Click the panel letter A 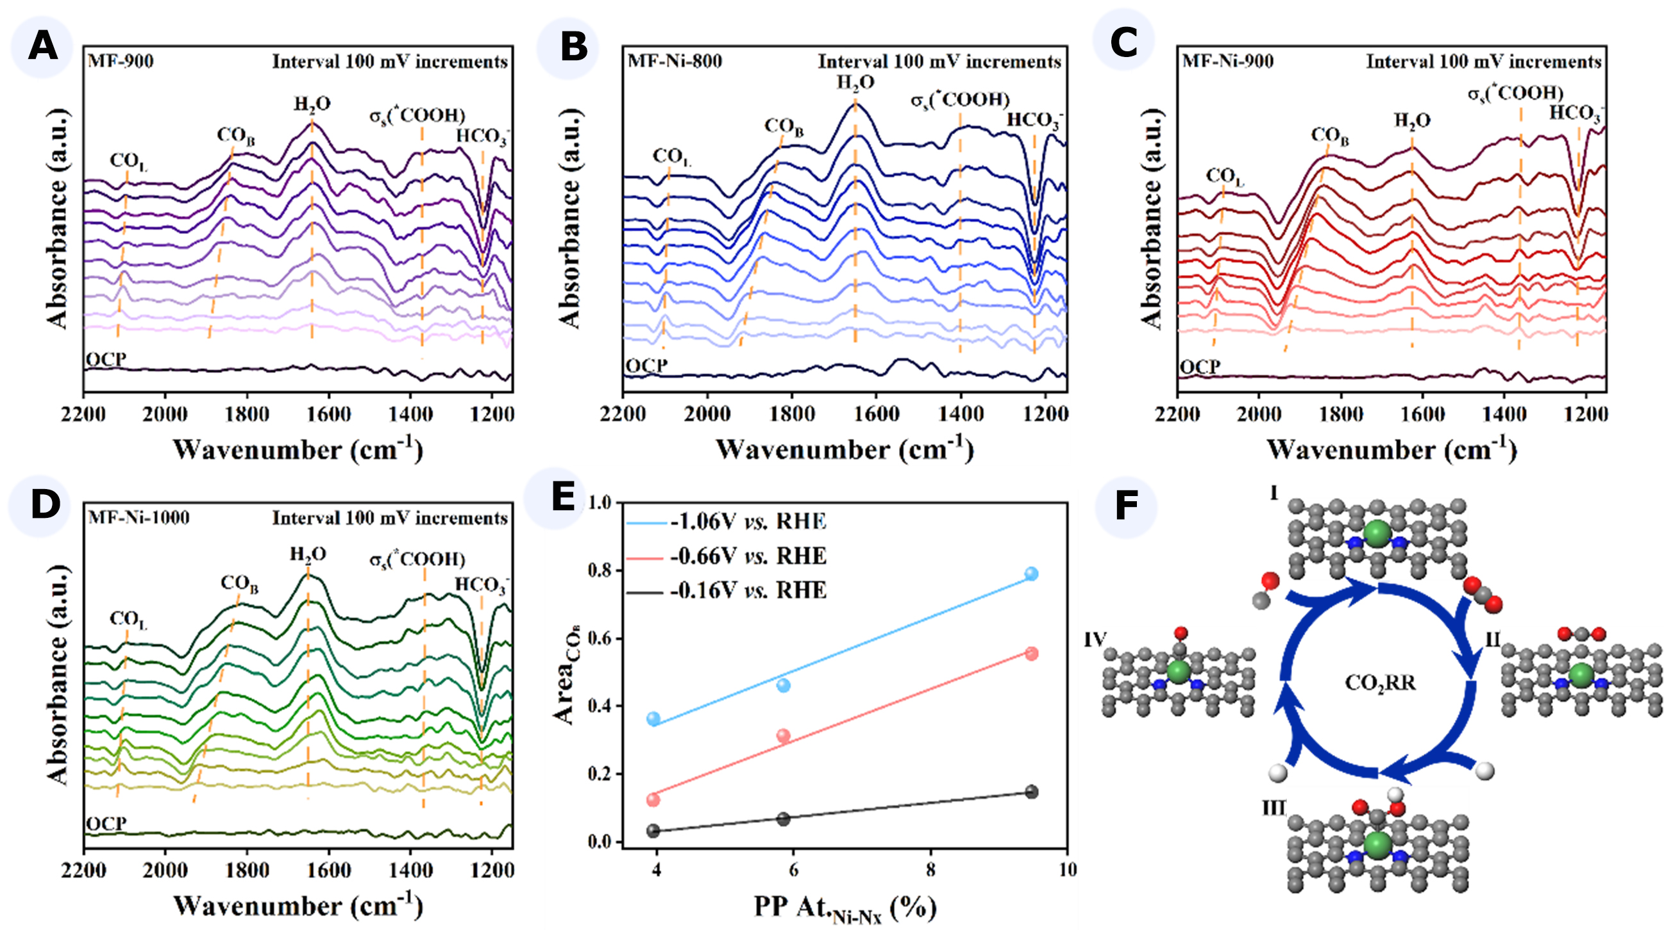[x=42, y=47]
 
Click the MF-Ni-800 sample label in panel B [x=675, y=62]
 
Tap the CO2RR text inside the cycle [x=1380, y=683]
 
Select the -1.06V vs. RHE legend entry [x=748, y=521]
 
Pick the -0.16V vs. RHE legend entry [x=748, y=590]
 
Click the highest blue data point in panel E [x=1032, y=574]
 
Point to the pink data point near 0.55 [x=1032, y=654]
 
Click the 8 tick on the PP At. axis [x=930, y=869]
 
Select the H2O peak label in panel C [x=1411, y=120]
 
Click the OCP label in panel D [x=106, y=824]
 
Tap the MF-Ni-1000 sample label [x=139, y=518]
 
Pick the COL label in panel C [x=1224, y=176]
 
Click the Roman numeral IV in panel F [x=1096, y=640]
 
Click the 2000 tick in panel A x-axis [x=165, y=414]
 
